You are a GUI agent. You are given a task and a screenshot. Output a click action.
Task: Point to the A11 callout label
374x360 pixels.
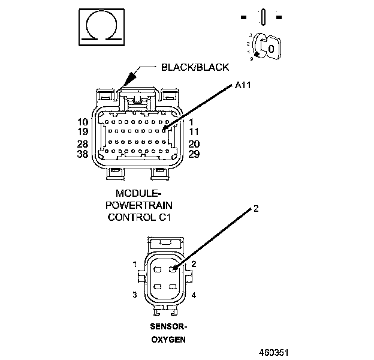click(243, 86)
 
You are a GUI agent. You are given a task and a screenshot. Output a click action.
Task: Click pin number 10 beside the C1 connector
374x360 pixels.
click(83, 122)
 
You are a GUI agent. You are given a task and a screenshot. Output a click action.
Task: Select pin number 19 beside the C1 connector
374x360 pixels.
click(83, 131)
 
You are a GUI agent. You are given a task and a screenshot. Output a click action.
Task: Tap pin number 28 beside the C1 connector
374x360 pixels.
click(83, 145)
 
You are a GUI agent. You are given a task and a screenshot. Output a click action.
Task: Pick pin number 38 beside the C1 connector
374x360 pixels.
click(83, 154)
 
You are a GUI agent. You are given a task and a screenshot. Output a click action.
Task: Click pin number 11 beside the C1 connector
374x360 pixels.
click(194, 131)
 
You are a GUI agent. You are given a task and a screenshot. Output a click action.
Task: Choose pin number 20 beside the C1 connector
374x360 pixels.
click(194, 145)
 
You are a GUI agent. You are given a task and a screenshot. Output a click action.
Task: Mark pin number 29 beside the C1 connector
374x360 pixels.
click(194, 154)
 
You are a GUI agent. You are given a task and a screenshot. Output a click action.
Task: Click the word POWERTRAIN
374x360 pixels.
click(139, 205)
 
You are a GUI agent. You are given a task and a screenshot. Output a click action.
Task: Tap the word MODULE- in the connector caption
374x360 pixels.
click(139, 194)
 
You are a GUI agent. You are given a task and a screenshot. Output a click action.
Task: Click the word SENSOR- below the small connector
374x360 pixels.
click(168, 327)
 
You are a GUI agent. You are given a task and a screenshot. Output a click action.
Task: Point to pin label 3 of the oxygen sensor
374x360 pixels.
click(135, 295)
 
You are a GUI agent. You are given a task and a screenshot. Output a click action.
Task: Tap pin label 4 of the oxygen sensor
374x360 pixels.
click(193, 295)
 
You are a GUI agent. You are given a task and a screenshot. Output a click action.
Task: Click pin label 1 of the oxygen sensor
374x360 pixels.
click(135, 265)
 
